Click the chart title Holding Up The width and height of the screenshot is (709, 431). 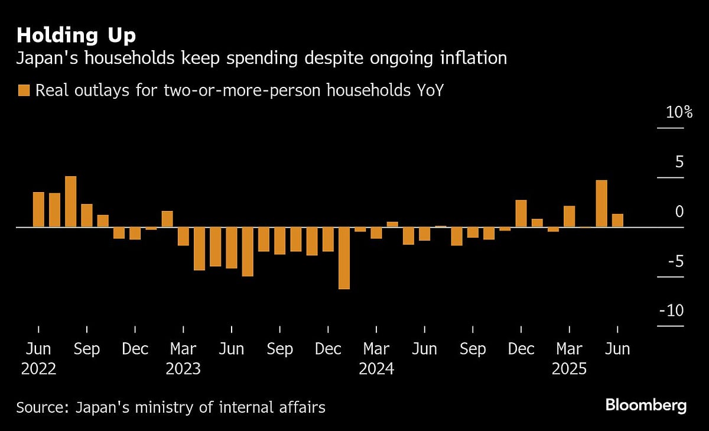[76, 35]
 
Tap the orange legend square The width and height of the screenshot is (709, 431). [24, 90]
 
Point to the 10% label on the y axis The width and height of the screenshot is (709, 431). [679, 112]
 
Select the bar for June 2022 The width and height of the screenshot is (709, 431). [38, 209]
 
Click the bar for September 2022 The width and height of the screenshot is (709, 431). [87, 215]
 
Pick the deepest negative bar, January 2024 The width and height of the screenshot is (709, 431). [344, 258]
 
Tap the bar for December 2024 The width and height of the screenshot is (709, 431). [521, 213]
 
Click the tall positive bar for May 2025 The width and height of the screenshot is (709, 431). [601, 203]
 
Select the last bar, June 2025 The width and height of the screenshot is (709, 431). [617, 221]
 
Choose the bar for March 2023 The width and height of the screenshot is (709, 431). [183, 236]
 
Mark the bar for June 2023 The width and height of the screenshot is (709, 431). [232, 248]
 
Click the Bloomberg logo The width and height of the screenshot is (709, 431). [646, 406]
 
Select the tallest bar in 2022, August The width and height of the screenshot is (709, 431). [70, 202]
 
